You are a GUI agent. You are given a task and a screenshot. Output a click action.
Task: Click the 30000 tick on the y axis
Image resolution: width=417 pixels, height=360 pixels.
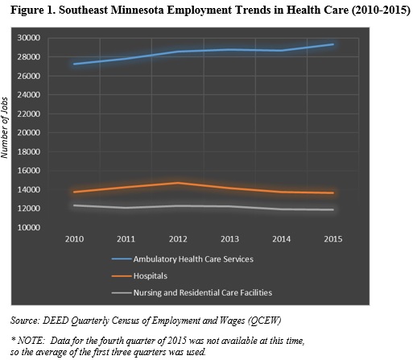[x=29, y=38]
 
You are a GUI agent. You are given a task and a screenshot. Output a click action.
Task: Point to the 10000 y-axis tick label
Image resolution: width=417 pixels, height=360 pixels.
[x=29, y=227]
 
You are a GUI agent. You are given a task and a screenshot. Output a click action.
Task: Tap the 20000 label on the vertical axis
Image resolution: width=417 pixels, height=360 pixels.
[x=29, y=133]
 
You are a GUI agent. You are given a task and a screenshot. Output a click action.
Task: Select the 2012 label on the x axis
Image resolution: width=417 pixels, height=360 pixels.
[x=178, y=239]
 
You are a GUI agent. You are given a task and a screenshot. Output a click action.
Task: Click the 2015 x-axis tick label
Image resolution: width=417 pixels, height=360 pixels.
[x=333, y=239]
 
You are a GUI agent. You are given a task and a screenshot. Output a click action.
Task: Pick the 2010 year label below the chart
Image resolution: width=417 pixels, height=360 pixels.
[x=74, y=239]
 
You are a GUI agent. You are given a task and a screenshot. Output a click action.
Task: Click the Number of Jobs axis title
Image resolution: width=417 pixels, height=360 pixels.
[x=5, y=128]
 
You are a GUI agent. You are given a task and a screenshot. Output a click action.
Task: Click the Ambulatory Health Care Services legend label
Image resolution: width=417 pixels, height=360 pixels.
[x=193, y=259]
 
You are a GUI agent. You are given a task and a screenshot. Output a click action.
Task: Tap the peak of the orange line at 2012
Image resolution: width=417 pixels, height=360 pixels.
[x=178, y=183]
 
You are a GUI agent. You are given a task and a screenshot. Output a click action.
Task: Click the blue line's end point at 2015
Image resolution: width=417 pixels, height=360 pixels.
[x=333, y=44]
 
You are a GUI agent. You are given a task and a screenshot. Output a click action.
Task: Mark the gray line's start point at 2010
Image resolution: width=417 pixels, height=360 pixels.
[x=74, y=205]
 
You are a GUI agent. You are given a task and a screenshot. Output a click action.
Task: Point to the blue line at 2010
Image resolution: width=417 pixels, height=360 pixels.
[x=74, y=64]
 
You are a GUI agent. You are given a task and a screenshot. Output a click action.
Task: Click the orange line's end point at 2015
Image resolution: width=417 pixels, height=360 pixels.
[x=333, y=192]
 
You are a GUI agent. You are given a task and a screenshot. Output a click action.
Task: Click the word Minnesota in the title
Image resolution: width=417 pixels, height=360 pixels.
[x=138, y=10]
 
